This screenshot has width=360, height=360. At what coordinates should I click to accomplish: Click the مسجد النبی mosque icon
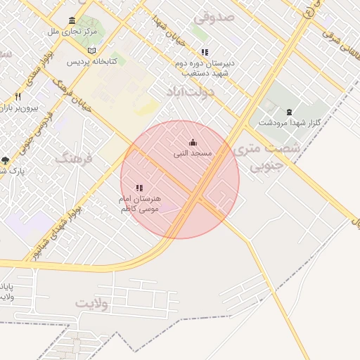tap(193, 143)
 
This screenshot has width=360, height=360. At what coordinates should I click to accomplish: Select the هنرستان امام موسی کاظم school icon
tap(139, 188)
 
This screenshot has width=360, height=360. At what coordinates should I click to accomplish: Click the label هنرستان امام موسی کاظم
tap(139, 203)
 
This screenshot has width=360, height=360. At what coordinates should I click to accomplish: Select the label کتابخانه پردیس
tap(92, 61)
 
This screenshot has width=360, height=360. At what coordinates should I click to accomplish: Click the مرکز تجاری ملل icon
tap(72, 21)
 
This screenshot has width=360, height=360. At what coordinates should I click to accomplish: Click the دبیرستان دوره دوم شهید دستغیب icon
tap(205, 52)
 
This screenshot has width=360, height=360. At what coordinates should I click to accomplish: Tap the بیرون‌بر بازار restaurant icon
tap(18, 96)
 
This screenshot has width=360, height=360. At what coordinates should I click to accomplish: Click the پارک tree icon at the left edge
tap(6, 160)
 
